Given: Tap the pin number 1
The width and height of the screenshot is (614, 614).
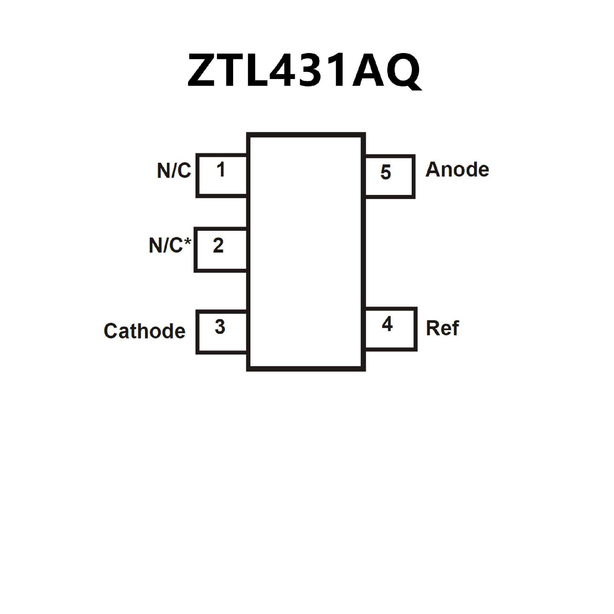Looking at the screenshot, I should pos(221,169).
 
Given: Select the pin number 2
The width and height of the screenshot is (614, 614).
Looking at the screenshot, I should pos(218,246).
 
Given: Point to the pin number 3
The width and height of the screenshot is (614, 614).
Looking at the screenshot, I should pos(220,327).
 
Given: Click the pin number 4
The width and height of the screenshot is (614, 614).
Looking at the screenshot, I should pos(387,324).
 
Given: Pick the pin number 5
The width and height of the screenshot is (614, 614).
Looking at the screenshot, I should pos(386,172).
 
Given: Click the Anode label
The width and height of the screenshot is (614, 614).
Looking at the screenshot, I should pos(457,169).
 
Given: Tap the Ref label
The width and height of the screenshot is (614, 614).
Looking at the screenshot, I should pos(442,328).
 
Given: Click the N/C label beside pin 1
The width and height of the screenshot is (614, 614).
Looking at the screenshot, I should pos(174,170).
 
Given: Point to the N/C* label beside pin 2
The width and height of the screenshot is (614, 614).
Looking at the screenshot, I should pos(170,246).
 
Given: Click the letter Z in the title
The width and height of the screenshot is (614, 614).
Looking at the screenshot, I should pos(201,71).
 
